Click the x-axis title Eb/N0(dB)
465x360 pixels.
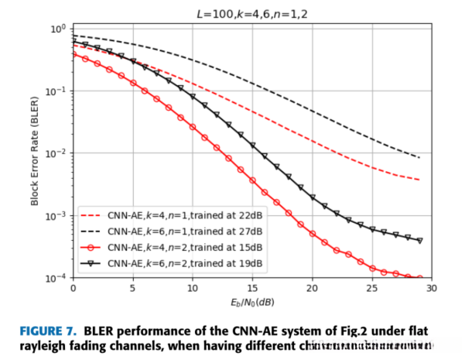point(252,302)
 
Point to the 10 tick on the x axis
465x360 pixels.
point(193,288)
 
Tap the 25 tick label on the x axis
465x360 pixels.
point(371,288)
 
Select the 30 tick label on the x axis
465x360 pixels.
point(431,288)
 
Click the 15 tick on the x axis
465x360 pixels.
point(252,288)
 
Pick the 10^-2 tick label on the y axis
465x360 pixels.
point(57,153)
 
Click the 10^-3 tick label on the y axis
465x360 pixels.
point(57,215)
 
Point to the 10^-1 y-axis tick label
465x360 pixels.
point(57,91)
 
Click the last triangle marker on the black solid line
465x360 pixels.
point(419,240)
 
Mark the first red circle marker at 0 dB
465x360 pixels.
point(74,53)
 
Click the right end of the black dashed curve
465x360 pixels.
point(419,158)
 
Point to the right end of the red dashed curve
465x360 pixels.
point(419,180)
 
